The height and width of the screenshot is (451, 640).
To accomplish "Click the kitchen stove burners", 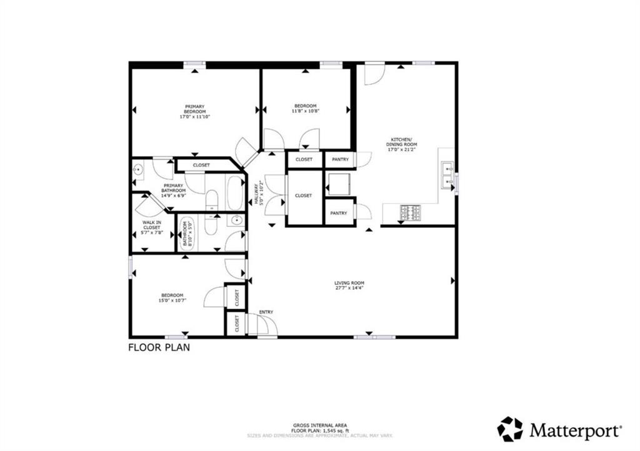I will coord(411,213).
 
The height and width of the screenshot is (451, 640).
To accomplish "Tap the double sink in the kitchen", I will coord(447,175).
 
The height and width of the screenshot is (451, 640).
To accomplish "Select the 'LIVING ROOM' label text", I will coord(349,283).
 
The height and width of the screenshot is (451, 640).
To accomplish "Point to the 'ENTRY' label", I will coord(266,312).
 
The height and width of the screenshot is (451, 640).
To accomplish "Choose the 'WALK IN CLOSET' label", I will coord(151,224).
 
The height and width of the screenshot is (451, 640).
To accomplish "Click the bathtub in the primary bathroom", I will coord(236,193).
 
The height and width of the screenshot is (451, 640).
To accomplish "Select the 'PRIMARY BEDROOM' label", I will coord(194,109).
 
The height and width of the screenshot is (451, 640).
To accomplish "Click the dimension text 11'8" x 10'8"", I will coord(306,111).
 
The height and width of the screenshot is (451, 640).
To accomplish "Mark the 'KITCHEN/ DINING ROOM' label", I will coord(401,142).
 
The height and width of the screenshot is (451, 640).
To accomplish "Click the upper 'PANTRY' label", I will coord(339,159).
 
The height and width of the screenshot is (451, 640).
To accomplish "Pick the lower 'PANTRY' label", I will coord(339,213).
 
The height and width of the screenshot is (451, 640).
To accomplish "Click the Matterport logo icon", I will coord(509,429).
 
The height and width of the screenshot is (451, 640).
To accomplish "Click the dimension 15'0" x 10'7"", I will coord(172,300).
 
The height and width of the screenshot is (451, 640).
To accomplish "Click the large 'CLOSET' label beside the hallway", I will coord(303,196).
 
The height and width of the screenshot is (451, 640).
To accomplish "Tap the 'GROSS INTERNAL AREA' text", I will coord(319,425).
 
